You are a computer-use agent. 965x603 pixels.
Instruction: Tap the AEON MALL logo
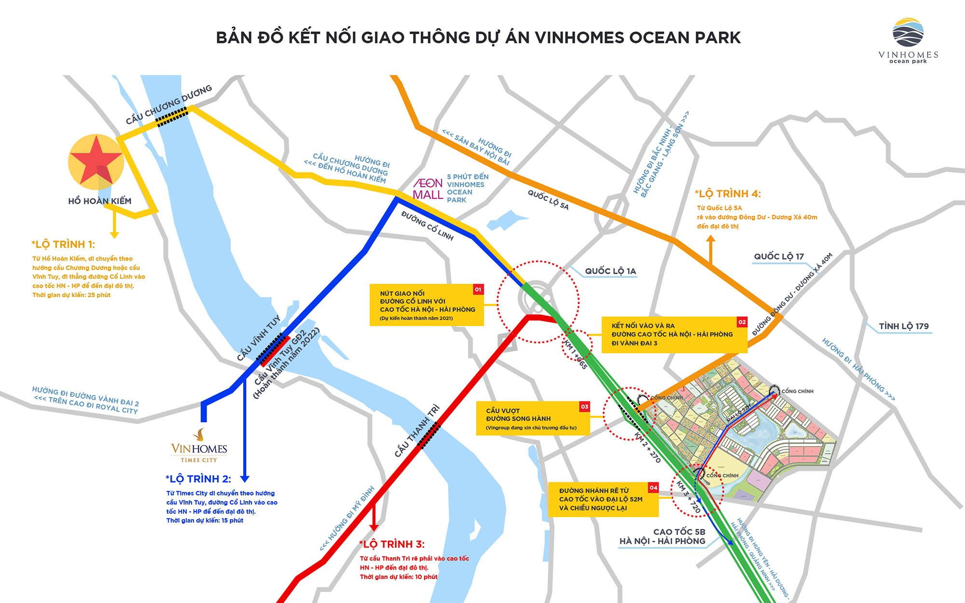(x=428, y=189)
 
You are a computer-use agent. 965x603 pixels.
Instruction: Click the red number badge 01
(x=478, y=289)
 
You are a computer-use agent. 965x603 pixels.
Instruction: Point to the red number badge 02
(x=742, y=322)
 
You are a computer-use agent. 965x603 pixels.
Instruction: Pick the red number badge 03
(x=584, y=407)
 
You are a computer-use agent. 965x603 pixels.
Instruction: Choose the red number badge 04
(x=653, y=488)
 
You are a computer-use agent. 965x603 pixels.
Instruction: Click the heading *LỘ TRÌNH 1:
(x=63, y=245)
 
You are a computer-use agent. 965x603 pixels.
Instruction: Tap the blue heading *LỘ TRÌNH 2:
(x=198, y=479)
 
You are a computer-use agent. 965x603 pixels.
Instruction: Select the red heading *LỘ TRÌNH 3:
(x=392, y=545)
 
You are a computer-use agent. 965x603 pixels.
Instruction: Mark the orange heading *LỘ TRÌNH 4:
(x=728, y=194)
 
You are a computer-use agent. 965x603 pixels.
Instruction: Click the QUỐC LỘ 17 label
(x=779, y=257)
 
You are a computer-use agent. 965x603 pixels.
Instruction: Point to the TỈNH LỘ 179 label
(x=903, y=327)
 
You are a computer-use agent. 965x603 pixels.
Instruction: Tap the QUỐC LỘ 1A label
(x=610, y=271)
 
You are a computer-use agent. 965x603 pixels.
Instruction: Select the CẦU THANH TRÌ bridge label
(x=417, y=431)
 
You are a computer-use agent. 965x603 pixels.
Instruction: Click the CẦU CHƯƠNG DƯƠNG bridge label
(x=169, y=104)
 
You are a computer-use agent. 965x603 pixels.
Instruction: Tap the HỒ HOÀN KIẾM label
(x=100, y=201)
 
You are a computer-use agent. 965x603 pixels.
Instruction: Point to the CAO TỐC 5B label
(x=679, y=532)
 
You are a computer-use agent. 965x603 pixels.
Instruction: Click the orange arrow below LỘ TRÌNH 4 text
(x=711, y=249)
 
